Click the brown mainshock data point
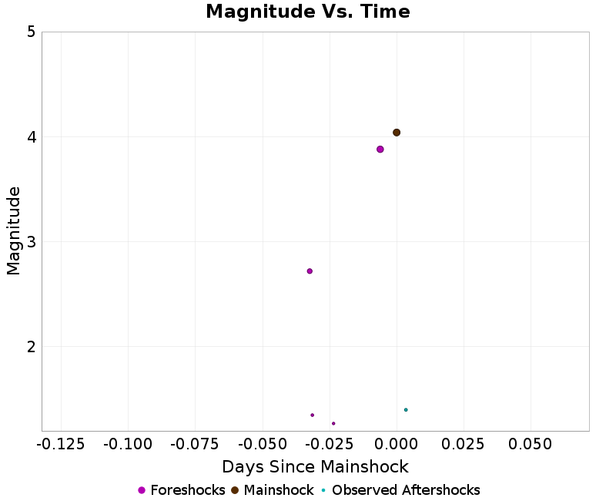pyautogui.click(x=397, y=133)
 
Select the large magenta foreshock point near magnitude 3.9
pyautogui.click(x=380, y=150)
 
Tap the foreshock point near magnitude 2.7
pyautogui.click(x=310, y=271)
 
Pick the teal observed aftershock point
pyautogui.click(x=406, y=410)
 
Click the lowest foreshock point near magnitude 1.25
pyautogui.click(x=333, y=423)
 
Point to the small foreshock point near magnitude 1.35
pyautogui.click(x=313, y=415)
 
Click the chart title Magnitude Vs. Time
pyautogui.click(x=308, y=12)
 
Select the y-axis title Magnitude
pyautogui.click(x=14, y=231)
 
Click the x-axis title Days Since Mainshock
pyautogui.click(x=315, y=467)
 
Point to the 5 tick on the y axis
pyautogui.click(x=32, y=32)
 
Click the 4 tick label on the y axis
pyautogui.click(x=32, y=137)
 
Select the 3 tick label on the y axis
pyautogui.click(x=32, y=242)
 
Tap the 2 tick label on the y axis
pyautogui.click(x=32, y=347)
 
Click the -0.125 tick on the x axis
pyautogui.click(x=61, y=445)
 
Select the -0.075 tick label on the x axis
pyautogui.click(x=195, y=445)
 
